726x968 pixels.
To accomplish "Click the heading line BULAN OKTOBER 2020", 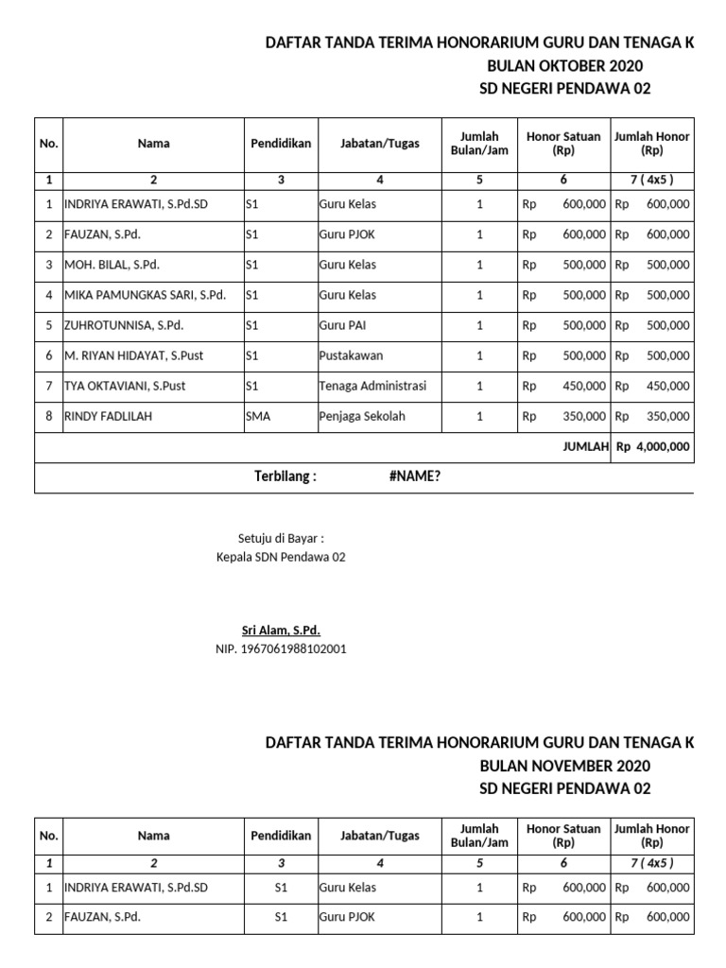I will coord(564,65).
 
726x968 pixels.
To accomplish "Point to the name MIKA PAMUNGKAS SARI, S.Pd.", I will coord(145,295).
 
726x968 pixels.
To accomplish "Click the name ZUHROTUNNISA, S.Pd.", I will coord(123,325).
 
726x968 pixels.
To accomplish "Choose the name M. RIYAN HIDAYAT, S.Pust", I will coord(133,355).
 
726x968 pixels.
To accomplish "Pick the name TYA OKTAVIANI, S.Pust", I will coord(125,386).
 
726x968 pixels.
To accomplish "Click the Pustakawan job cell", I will coord(351,355).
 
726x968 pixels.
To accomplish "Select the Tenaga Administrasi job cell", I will coord(372,386).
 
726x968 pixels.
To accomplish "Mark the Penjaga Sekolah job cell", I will coord(362,416).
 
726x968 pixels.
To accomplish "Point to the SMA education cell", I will coord(257,416).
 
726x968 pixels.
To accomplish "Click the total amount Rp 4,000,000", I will coord(652,447).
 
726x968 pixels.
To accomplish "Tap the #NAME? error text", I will coord(414,476).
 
